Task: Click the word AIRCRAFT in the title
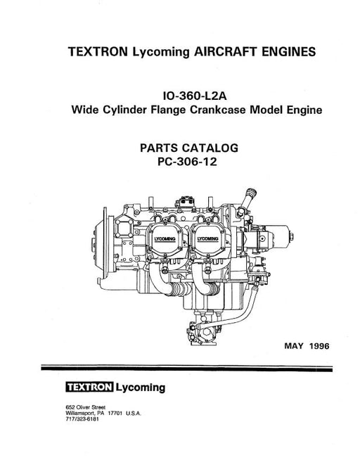(x=226, y=52)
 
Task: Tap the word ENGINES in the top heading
(x=289, y=52)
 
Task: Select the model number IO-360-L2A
(x=195, y=96)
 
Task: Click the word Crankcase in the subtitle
(x=218, y=110)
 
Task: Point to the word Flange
(x=168, y=110)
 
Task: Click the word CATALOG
(x=210, y=148)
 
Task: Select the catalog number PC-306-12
(x=187, y=162)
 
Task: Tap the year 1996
(x=319, y=346)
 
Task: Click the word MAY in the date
(x=294, y=346)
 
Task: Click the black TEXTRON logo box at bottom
(x=89, y=388)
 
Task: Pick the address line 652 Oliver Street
(x=85, y=407)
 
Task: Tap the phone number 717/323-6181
(x=82, y=419)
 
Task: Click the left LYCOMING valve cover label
(x=165, y=239)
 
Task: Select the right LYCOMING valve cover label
(x=208, y=239)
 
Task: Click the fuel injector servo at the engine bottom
(x=202, y=333)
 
